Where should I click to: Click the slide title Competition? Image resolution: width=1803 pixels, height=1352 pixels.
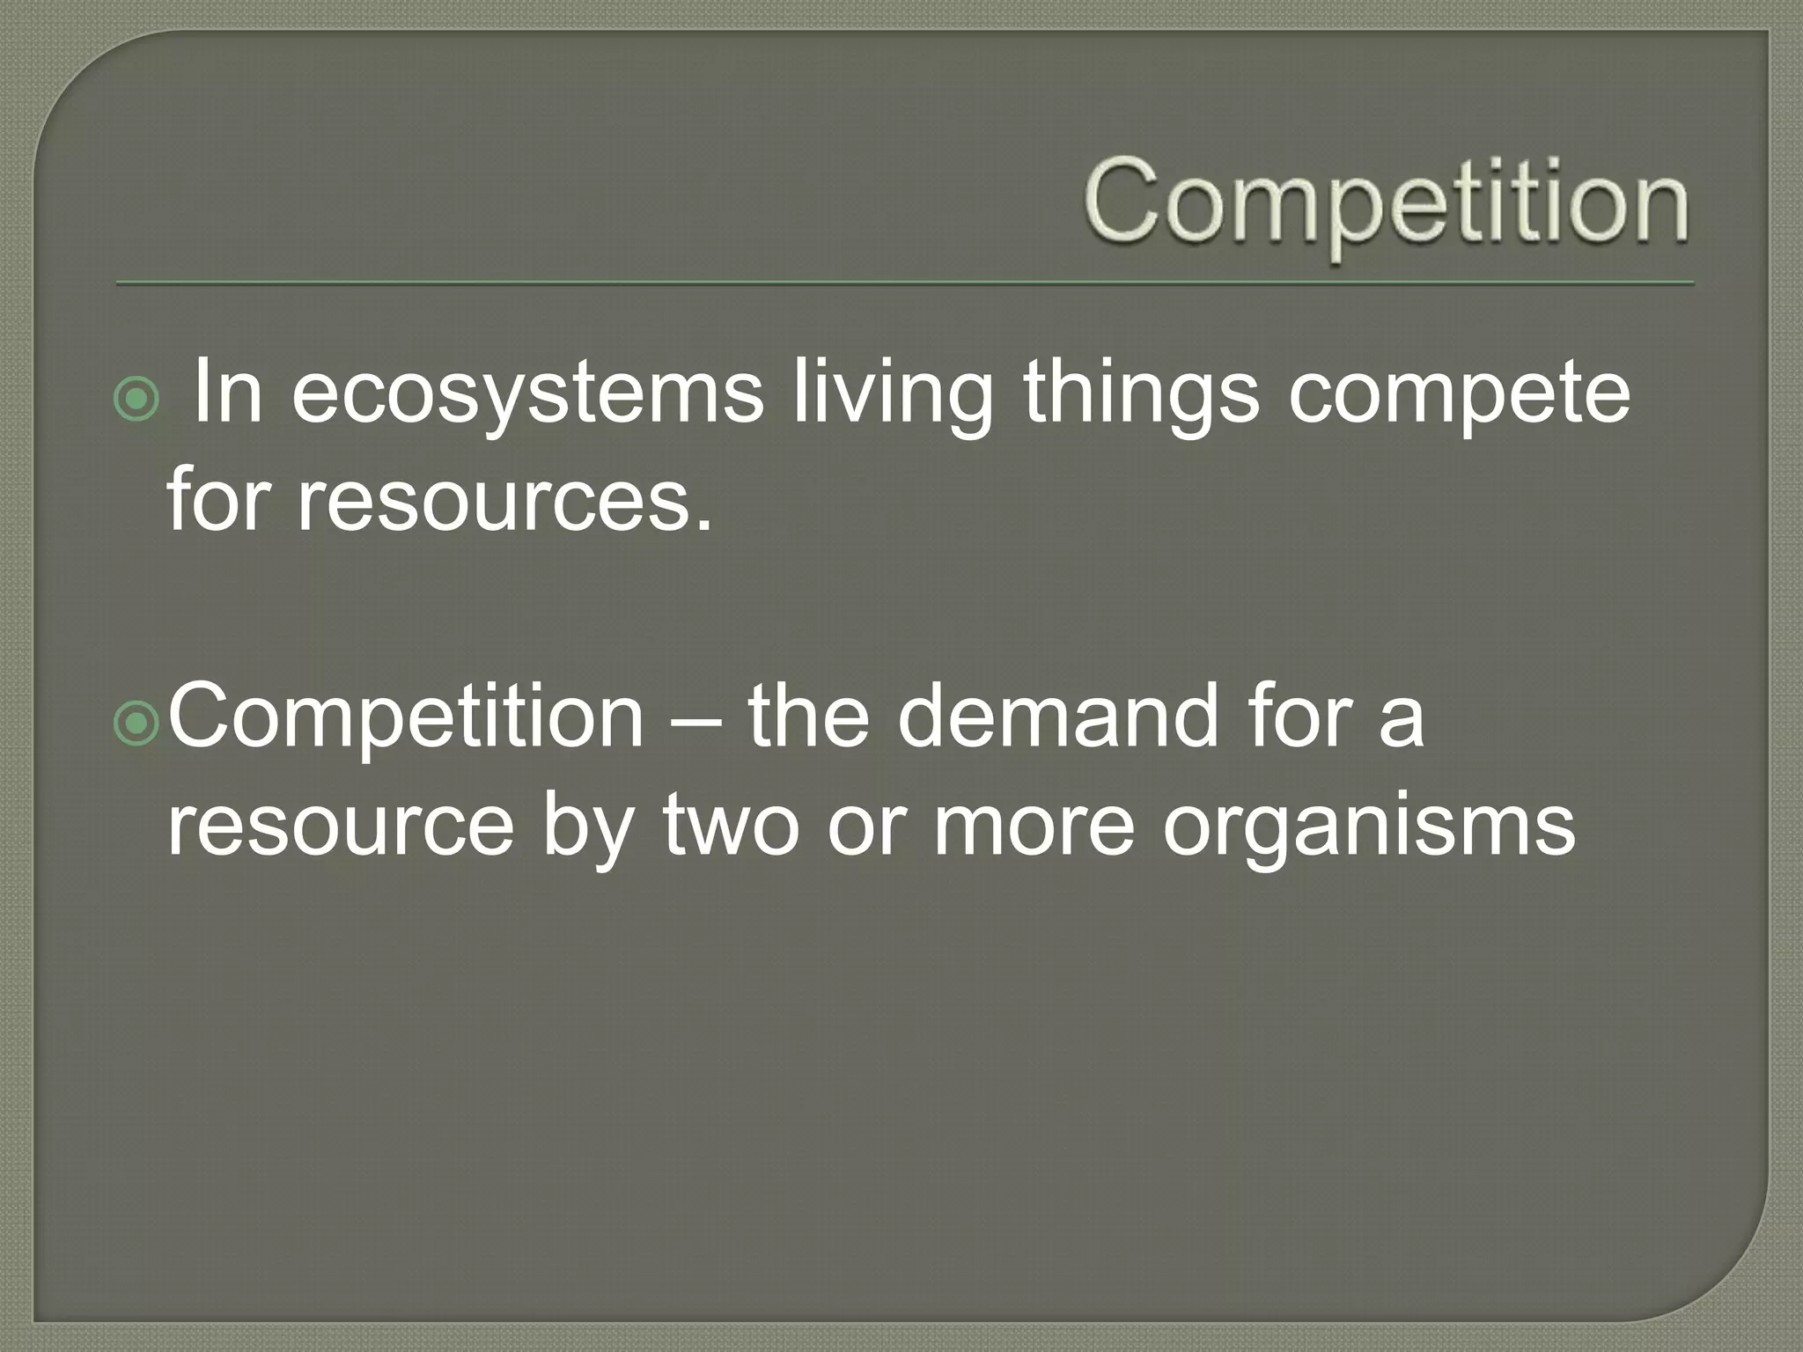coord(1386,204)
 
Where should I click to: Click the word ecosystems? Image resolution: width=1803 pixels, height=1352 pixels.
coord(526,393)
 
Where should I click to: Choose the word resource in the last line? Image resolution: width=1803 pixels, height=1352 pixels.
coord(340,827)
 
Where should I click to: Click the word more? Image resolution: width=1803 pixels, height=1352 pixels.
coord(1033,827)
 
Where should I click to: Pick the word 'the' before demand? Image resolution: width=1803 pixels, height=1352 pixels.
coord(808,716)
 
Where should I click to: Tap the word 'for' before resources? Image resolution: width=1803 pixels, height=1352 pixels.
coord(216,499)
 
